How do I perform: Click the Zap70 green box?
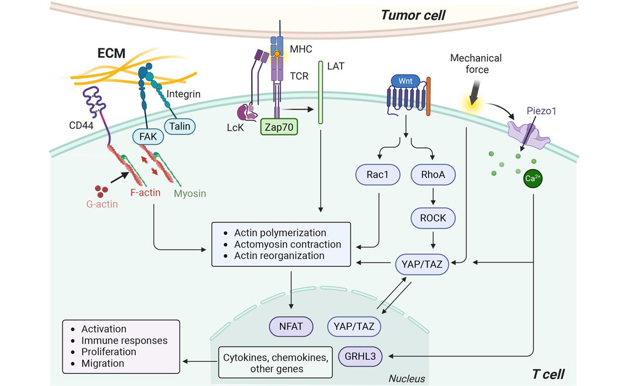click(279, 127)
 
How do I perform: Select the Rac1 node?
click(377, 175)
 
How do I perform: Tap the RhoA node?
click(433, 175)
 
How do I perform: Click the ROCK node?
click(433, 218)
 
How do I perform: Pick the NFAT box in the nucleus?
click(291, 327)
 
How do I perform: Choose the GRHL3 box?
click(360, 357)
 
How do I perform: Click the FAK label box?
click(148, 137)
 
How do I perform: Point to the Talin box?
click(180, 126)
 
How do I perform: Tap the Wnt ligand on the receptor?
click(405, 81)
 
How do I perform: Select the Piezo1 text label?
click(542, 111)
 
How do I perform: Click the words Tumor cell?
click(413, 15)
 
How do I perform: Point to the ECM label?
click(112, 53)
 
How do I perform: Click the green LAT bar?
click(320, 92)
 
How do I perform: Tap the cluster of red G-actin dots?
click(101, 191)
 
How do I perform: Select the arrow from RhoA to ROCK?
click(433, 196)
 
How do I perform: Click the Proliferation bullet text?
click(109, 352)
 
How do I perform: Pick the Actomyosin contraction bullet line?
click(287, 244)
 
